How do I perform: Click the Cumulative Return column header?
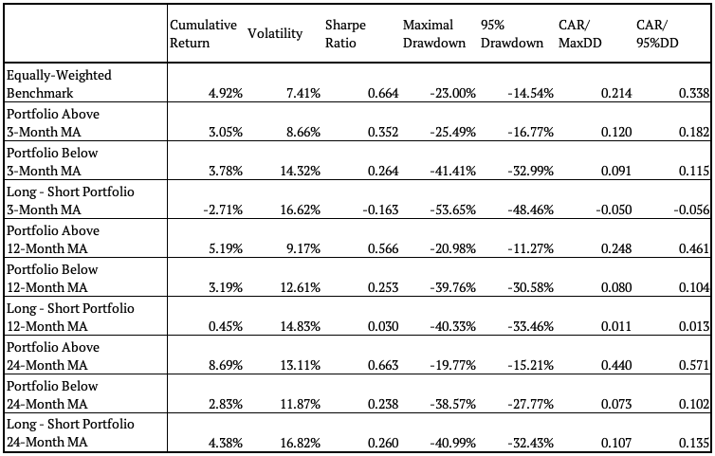click(x=203, y=33)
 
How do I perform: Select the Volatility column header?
click(x=275, y=33)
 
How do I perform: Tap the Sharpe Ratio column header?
click(x=345, y=33)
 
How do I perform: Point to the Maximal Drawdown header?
click(x=434, y=33)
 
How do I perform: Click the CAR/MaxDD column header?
click(x=580, y=33)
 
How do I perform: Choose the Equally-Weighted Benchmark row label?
click(x=59, y=84)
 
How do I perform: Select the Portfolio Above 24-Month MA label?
click(x=53, y=356)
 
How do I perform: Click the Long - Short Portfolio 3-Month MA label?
click(x=70, y=201)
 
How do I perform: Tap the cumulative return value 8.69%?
click(x=226, y=365)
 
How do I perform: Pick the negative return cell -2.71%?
click(x=223, y=210)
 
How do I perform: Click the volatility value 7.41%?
click(x=303, y=93)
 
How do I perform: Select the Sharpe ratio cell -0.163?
click(x=381, y=210)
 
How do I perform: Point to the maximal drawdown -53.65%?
click(x=453, y=210)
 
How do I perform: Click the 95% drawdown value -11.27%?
click(x=531, y=248)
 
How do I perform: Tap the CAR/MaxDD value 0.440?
click(x=616, y=365)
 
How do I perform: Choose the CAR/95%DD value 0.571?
click(x=694, y=365)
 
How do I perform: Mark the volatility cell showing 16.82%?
click(x=301, y=443)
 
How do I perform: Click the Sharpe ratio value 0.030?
click(x=383, y=326)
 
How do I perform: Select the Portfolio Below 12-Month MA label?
click(x=52, y=279)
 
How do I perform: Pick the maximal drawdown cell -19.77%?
click(x=453, y=365)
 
